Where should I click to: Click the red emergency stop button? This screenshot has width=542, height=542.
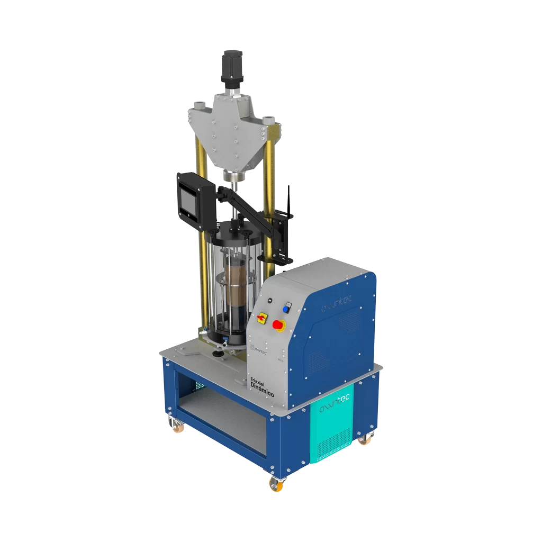pyautogui.click(x=277, y=324)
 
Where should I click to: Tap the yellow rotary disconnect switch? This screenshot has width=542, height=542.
pyautogui.click(x=261, y=318)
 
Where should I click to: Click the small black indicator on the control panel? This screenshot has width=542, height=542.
pyautogui.click(x=269, y=301)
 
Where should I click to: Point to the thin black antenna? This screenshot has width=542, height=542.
pyautogui.click(x=289, y=198)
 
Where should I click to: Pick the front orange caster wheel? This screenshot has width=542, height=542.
pyautogui.click(x=276, y=483)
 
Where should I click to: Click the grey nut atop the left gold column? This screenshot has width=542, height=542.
pyautogui.click(x=198, y=105)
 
